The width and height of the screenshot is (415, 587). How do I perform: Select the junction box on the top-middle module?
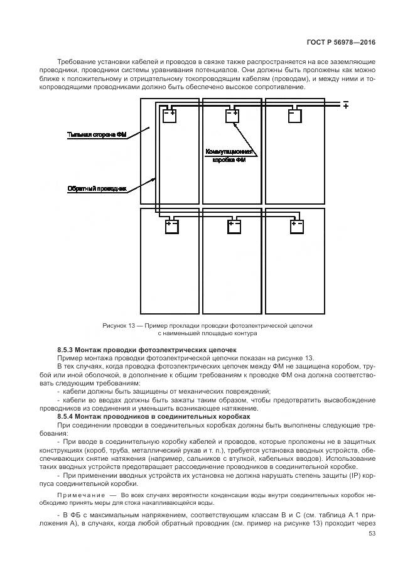(232, 116)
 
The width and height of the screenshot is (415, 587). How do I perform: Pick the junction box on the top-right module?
(294, 116)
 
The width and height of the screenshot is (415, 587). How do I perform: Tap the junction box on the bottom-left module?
(172, 227)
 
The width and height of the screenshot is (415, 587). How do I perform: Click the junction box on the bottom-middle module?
(234, 227)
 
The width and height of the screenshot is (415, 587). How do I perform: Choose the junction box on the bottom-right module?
(296, 227)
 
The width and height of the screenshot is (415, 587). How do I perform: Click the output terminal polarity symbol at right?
(345, 104)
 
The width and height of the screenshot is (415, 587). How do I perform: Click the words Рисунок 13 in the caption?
(118, 326)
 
